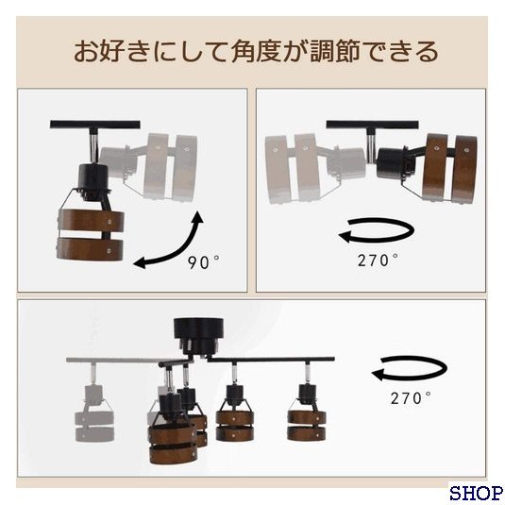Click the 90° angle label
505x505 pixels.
click(x=204, y=261)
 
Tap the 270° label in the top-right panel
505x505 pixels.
click(x=378, y=260)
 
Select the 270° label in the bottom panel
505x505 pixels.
click(x=411, y=398)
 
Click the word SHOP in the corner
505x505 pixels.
click(x=476, y=494)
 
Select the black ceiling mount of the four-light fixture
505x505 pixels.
click(x=198, y=334)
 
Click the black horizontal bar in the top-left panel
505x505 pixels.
click(x=95, y=125)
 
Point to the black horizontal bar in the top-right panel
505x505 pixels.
click(x=372, y=125)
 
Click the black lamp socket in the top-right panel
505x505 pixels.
click(x=393, y=163)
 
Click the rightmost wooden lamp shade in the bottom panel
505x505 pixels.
click(x=306, y=425)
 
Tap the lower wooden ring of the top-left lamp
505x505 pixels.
click(x=90, y=248)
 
